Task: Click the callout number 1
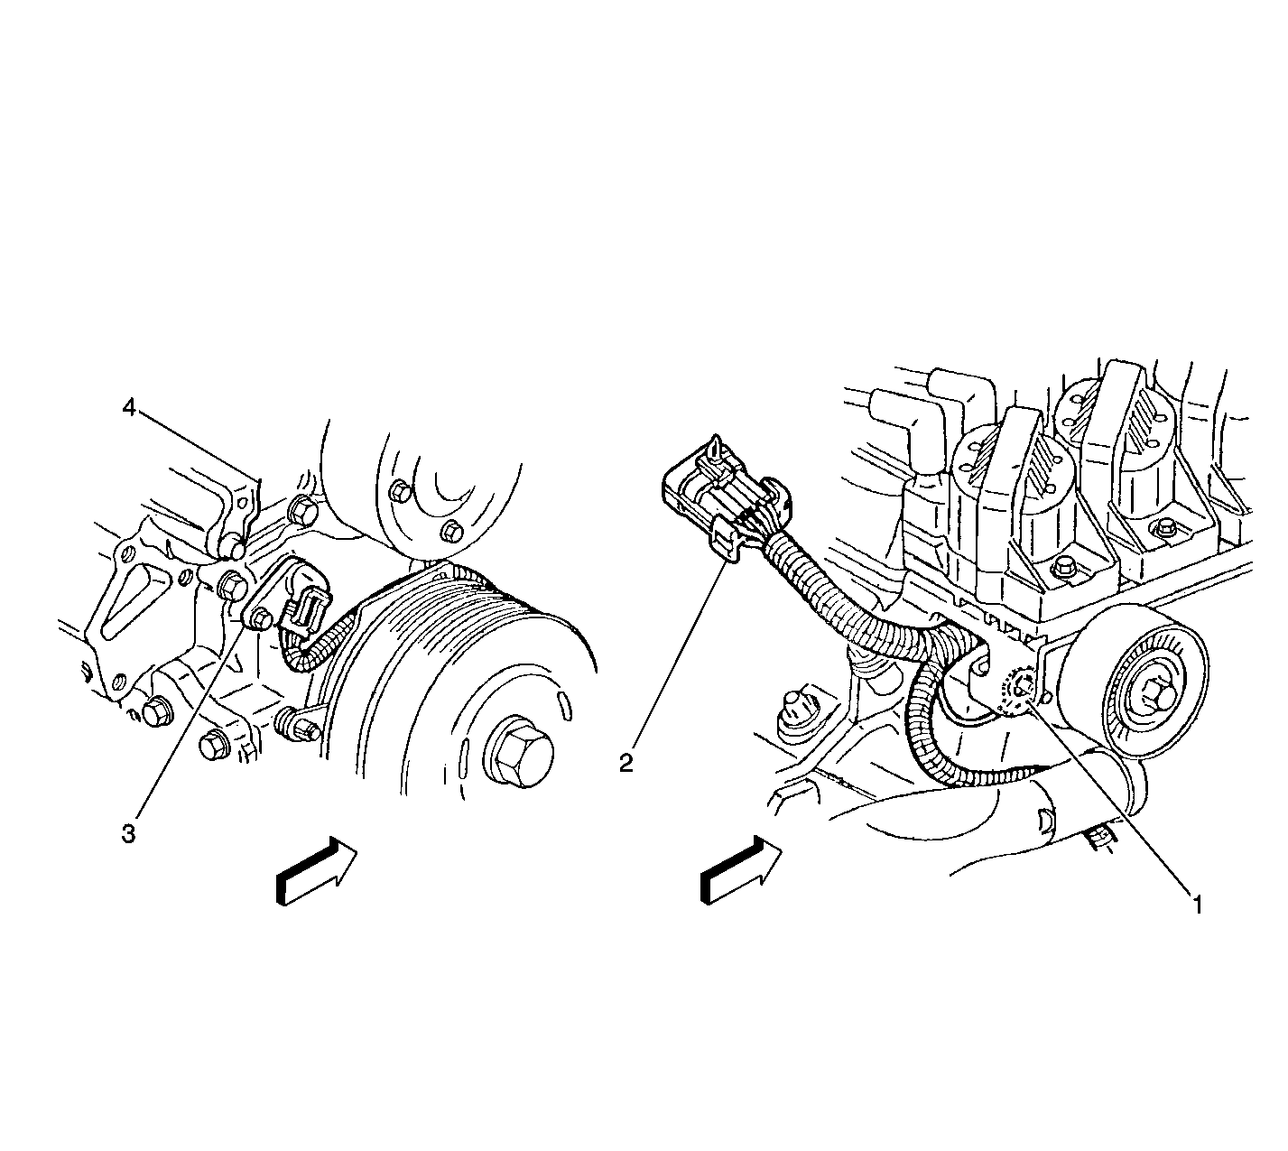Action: tap(1197, 905)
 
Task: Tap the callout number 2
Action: tap(626, 762)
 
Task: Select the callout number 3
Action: tap(129, 833)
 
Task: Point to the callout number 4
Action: tap(129, 407)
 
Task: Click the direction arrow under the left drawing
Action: tap(316, 870)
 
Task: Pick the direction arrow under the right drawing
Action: tap(741, 869)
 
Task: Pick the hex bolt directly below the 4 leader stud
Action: tap(233, 587)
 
